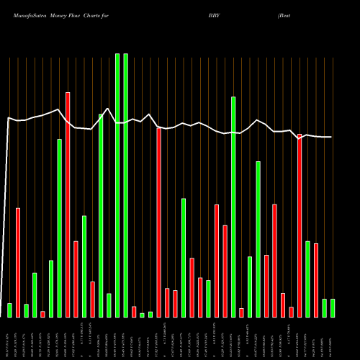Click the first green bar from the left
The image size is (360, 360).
9,310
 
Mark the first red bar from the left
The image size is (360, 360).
18,262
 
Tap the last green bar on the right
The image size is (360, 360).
333,307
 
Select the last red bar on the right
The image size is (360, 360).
316,280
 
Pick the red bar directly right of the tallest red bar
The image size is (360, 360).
76,279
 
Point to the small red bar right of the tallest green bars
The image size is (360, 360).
134,311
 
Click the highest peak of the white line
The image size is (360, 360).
107,109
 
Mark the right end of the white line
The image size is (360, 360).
331,137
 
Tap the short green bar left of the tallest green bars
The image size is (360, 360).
109,305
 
